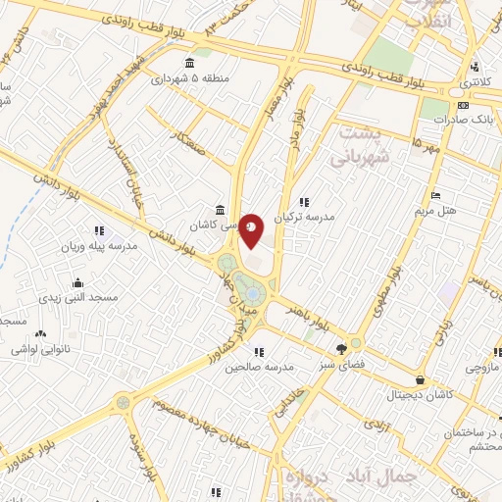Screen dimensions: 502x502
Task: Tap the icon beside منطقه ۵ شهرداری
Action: (189, 65)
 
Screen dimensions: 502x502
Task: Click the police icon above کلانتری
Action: (474, 68)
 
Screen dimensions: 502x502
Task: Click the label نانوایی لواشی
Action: (42, 348)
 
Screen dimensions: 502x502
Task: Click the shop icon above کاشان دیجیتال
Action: (421, 379)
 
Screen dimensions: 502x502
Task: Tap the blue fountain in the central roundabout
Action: (253, 292)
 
